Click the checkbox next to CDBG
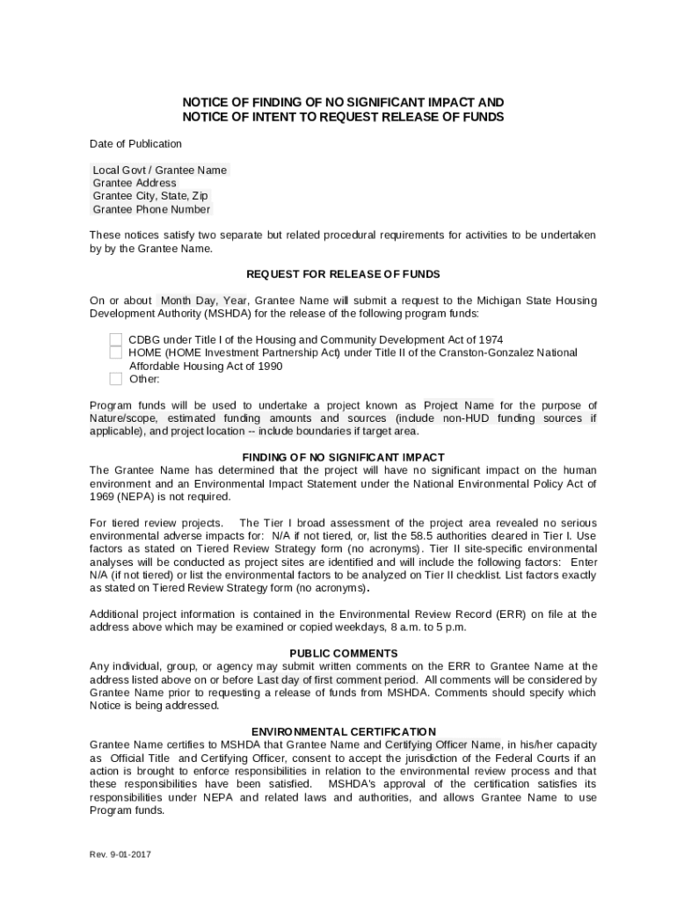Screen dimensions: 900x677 pos(115,340)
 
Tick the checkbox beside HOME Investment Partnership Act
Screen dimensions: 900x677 pos(115,353)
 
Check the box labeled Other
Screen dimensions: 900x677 pos(115,380)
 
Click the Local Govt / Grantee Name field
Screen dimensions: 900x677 pos(160,171)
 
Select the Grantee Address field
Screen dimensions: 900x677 pos(135,184)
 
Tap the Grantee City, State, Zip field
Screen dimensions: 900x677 pos(150,196)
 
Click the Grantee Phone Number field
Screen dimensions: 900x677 pos(151,209)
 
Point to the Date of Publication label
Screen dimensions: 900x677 pos(135,144)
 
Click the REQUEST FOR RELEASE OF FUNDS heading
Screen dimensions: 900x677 pos(343,274)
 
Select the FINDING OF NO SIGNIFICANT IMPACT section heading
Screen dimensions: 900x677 pos(343,457)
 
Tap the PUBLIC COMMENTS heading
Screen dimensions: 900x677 pos(343,653)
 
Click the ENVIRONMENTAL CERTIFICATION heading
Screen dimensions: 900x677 pos(343,731)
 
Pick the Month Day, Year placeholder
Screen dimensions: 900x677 pos(203,301)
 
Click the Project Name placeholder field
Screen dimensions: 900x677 pos(458,405)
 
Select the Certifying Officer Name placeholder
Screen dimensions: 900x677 pos(443,744)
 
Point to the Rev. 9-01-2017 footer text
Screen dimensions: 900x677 pos(120,854)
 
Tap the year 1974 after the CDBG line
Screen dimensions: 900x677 pos(489,340)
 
